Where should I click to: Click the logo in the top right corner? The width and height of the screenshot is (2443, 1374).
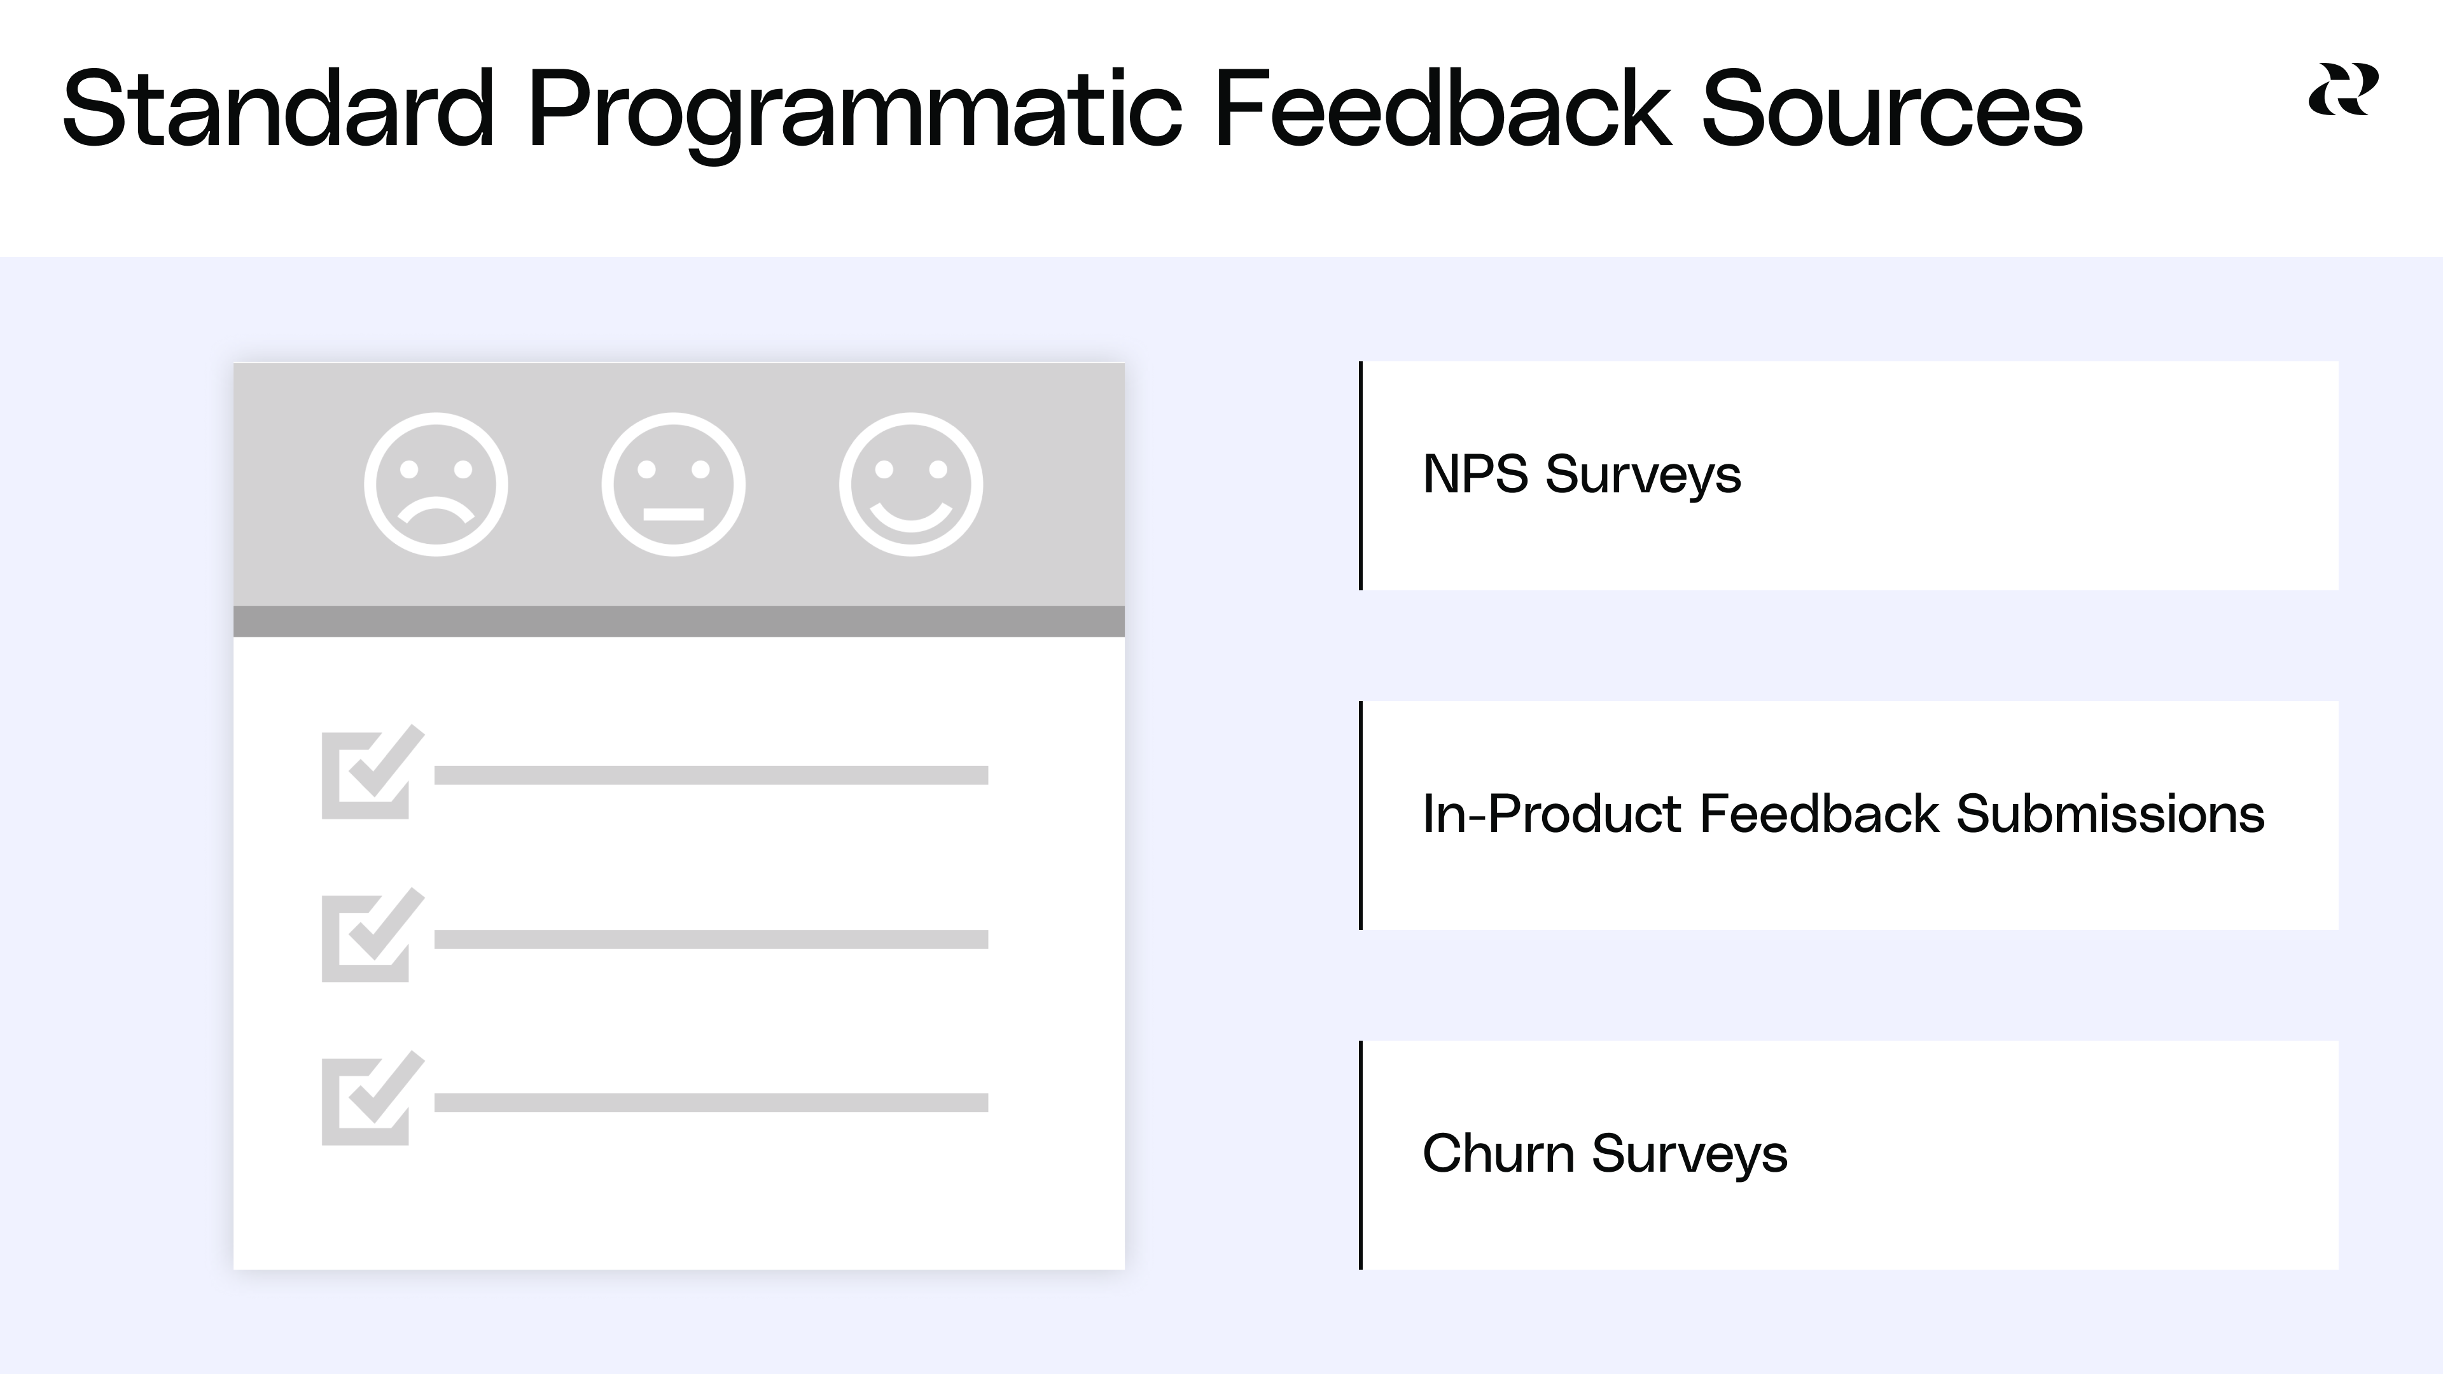[x=2342, y=90]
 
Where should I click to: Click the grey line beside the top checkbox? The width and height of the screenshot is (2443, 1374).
[x=711, y=775]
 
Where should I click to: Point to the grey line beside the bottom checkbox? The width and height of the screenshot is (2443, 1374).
[x=711, y=1102]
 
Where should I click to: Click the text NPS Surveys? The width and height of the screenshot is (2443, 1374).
[x=1582, y=474]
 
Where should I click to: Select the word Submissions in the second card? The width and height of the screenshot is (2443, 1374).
[x=2110, y=814]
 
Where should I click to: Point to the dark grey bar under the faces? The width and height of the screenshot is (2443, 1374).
[x=679, y=621]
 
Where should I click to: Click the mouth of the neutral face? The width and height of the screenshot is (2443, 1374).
[x=673, y=514]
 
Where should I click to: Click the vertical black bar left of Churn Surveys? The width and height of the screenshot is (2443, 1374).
[x=1361, y=1155]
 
